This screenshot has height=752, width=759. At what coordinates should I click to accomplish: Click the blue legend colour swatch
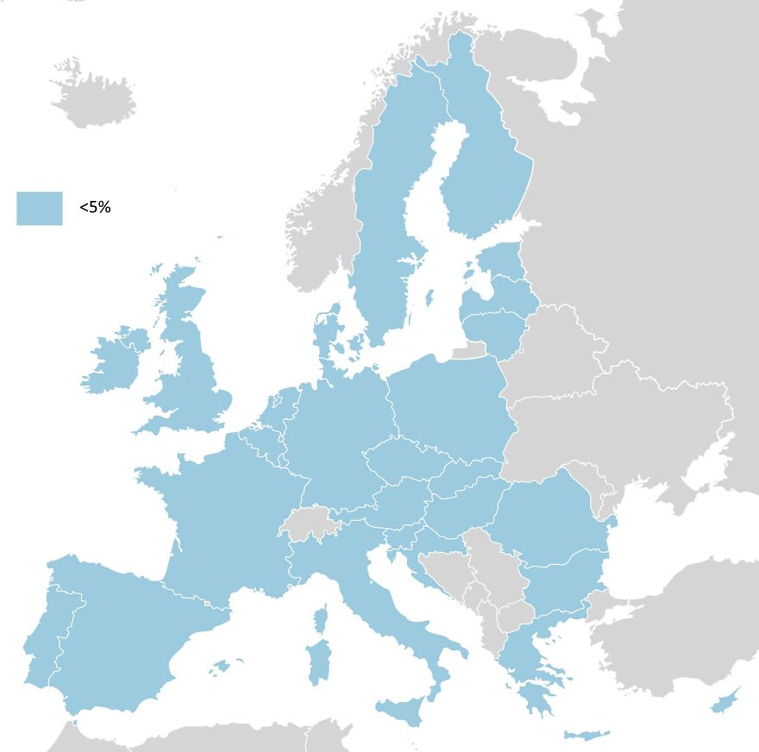(39, 208)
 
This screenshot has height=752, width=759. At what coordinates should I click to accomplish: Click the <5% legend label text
(95, 208)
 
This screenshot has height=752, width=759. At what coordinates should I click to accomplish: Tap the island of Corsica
(321, 619)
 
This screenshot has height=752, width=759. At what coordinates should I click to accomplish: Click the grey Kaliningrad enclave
(470, 350)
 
